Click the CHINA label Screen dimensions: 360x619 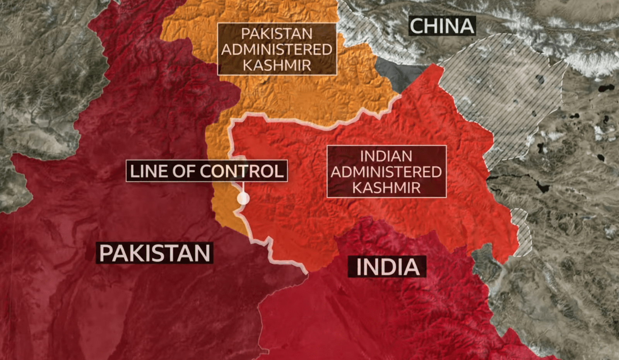(442, 26)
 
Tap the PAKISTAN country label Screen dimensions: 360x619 (155, 253)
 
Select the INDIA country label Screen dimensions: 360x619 (387, 267)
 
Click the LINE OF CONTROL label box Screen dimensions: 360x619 (207, 171)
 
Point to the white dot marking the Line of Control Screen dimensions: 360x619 (243, 199)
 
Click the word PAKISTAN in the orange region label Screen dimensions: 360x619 (277, 34)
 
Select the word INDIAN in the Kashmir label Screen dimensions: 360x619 (386, 156)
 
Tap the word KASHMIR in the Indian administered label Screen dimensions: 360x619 (386, 188)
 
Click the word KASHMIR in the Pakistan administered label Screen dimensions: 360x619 (277, 65)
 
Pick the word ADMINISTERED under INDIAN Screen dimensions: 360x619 (386, 172)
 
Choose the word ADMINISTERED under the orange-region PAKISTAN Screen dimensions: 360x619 (277, 50)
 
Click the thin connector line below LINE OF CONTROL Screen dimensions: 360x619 (243, 187)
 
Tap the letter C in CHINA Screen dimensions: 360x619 (417, 26)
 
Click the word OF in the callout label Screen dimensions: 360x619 (184, 171)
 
